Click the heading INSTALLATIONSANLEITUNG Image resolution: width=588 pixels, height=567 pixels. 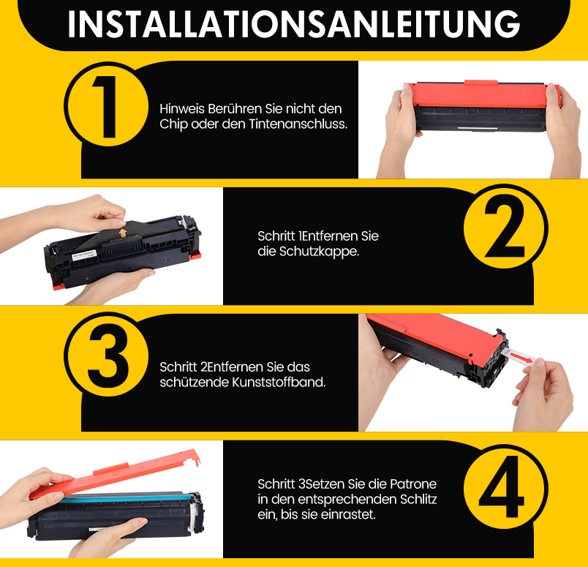(293, 24)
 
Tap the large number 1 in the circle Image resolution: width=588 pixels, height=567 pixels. (107, 107)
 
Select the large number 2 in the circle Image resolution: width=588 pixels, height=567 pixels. (505, 229)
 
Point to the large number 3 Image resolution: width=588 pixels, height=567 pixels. (108, 356)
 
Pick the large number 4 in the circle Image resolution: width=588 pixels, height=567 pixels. (502, 487)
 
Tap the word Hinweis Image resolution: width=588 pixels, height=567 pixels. (182, 109)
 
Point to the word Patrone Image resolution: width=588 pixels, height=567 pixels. (413, 484)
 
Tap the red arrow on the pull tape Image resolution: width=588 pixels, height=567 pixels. (522, 357)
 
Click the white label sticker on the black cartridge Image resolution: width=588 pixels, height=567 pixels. (84, 255)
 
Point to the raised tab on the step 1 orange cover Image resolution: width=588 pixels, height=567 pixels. (480, 83)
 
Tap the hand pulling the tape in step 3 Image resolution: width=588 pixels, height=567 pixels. (543, 394)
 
